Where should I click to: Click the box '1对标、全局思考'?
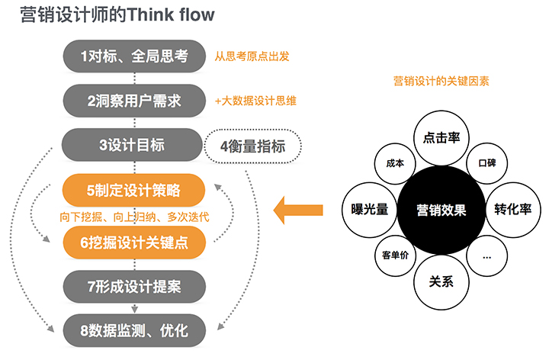click(133, 56)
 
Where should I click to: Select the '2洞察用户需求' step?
click(133, 100)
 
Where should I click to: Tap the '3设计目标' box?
click(133, 144)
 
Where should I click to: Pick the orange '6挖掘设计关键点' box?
click(133, 241)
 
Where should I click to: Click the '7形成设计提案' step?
click(133, 287)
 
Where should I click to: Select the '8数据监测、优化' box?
click(133, 330)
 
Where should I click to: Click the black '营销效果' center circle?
click(441, 210)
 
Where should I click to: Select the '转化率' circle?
click(513, 210)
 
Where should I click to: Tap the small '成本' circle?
click(396, 163)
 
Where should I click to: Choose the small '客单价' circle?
click(396, 256)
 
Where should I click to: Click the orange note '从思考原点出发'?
click(252, 56)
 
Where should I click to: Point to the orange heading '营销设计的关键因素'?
click(441, 79)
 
